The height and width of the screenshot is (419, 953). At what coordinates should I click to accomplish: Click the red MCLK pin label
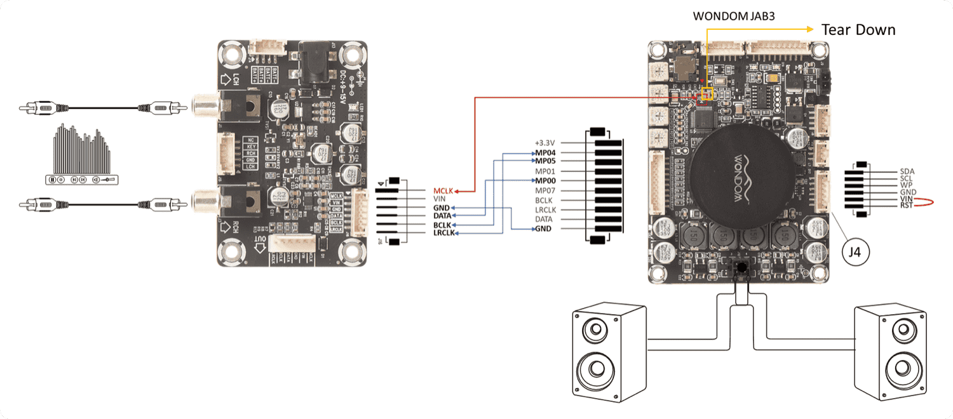click(x=443, y=190)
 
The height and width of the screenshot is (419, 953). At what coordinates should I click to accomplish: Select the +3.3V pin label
click(x=545, y=143)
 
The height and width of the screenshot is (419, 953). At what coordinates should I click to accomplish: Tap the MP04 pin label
click(x=545, y=153)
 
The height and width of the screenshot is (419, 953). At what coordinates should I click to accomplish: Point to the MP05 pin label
click(x=545, y=161)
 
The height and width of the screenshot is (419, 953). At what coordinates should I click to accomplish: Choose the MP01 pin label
click(x=545, y=171)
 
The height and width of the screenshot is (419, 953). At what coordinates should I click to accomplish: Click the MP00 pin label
click(x=545, y=181)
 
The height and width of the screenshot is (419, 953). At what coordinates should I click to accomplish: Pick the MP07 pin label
click(x=545, y=190)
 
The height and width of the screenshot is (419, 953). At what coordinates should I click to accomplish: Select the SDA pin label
click(x=907, y=171)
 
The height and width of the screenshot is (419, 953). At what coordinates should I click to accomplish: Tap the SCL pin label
click(x=907, y=178)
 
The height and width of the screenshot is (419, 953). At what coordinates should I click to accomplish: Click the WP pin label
click(x=907, y=185)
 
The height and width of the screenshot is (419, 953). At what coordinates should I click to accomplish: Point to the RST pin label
click(x=907, y=206)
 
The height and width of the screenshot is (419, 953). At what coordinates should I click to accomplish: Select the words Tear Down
click(x=858, y=29)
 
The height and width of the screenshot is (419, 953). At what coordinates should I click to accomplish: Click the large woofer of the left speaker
click(x=595, y=371)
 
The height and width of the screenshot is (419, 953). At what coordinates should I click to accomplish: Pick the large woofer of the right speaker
click(x=904, y=371)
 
